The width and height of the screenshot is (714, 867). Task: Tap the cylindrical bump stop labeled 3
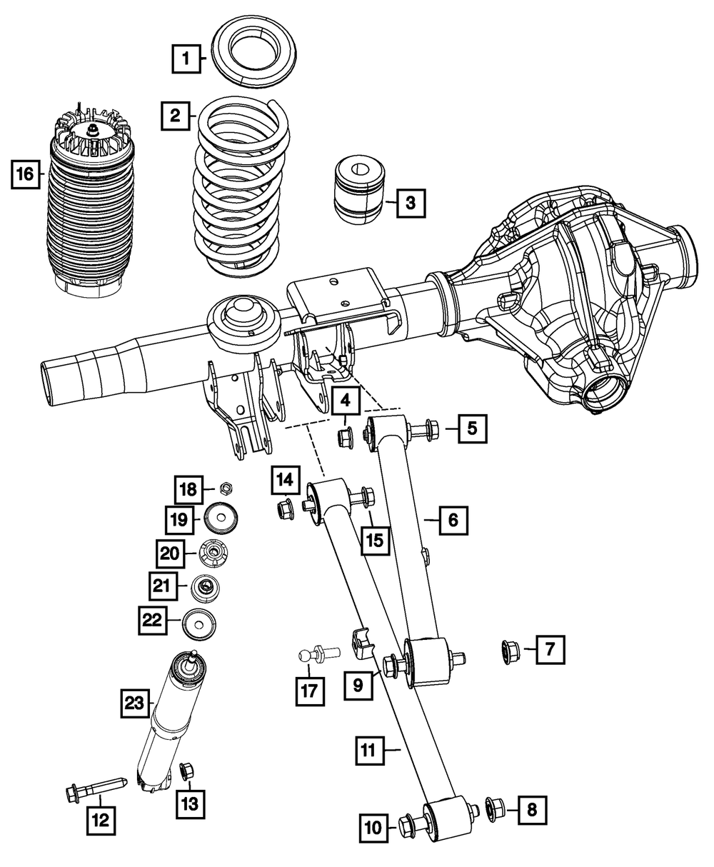click(360, 189)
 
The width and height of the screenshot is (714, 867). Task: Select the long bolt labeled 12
click(96, 789)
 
